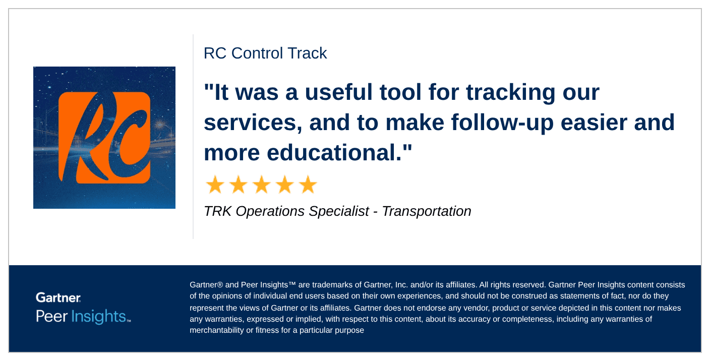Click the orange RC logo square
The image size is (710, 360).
(x=104, y=138)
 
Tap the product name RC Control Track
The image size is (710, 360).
(x=265, y=53)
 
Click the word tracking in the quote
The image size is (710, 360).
(x=510, y=93)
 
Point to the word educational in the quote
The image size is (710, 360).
(x=334, y=152)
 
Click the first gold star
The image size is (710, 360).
(x=215, y=185)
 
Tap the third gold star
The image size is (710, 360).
(x=262, y=185)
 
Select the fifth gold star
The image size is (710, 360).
(x=308, y=185)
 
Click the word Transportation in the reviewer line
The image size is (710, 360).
(x=427, y=211)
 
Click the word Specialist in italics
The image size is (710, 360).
(x=339, y=211)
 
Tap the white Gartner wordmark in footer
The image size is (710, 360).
(x=58, y=297)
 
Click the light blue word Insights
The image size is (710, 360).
(x=99, y=317)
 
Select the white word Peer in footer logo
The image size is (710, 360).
(x=51, y=317)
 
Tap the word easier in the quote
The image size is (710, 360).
(x=594, y=123)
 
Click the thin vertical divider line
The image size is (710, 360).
(x=193, y=137)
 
